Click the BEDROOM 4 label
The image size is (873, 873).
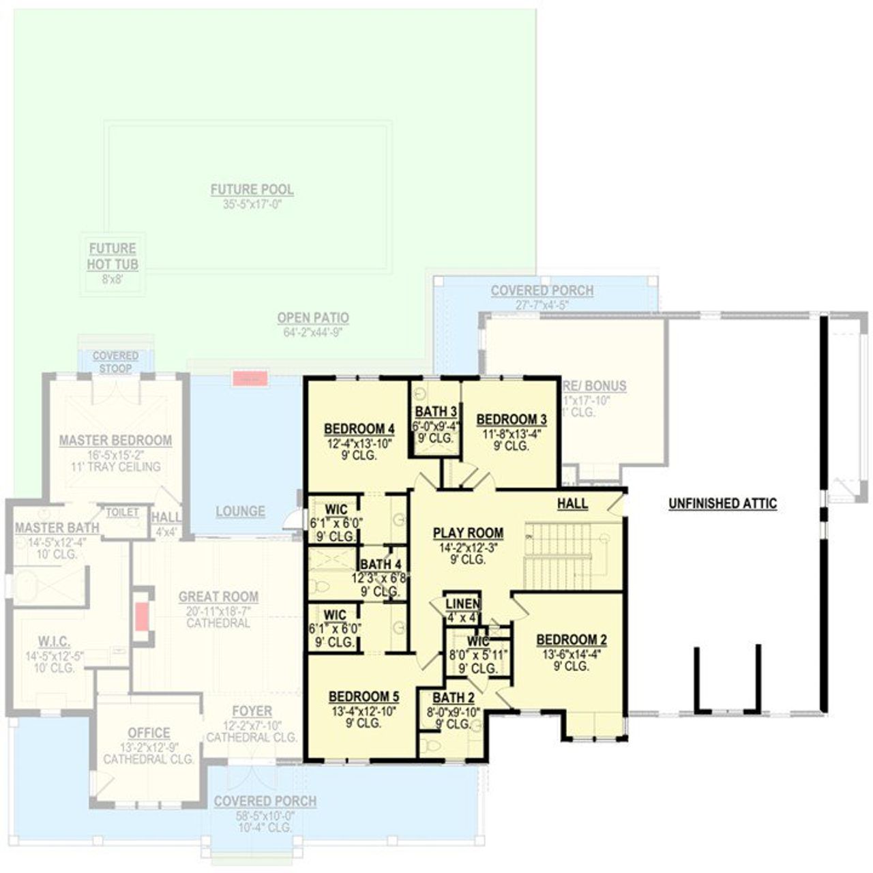(x=359, y=429)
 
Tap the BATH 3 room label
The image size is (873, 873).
(x=436, y=411)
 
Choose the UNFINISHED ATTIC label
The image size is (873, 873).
(x=722, y=504)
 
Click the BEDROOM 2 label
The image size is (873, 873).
(x=572, y=640)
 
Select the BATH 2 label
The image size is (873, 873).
(x=454, y=698)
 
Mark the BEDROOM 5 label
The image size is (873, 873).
(x=364, y=696)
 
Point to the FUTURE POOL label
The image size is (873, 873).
(x=252, y=190)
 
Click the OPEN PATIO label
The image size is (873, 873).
(x=313, y=318)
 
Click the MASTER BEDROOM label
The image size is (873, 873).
(x=115, y=441)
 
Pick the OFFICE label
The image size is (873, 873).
(x=149, y=733)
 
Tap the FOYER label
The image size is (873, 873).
(x=252, y=711)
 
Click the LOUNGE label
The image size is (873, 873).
(x=240, y=511)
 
